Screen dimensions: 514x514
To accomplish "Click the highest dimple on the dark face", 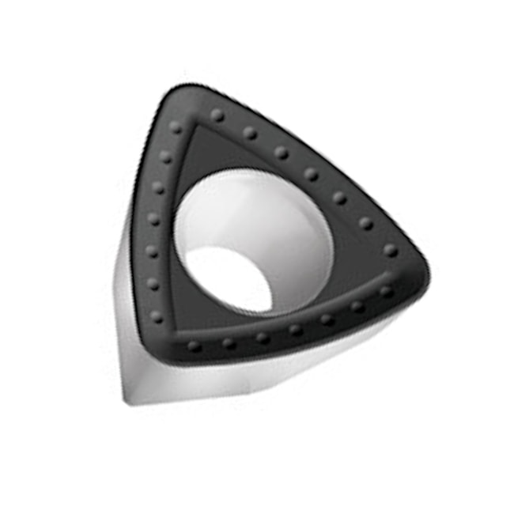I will point(217,115).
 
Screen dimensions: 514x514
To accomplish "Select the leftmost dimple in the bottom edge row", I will point(193,346).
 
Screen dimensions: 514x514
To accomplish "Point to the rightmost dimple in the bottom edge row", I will point(385,291).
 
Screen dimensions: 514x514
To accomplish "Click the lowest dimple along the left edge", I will point(157,316).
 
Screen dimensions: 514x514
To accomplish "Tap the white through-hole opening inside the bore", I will point(229,277).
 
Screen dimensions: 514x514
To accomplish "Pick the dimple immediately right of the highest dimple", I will point(250,132).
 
